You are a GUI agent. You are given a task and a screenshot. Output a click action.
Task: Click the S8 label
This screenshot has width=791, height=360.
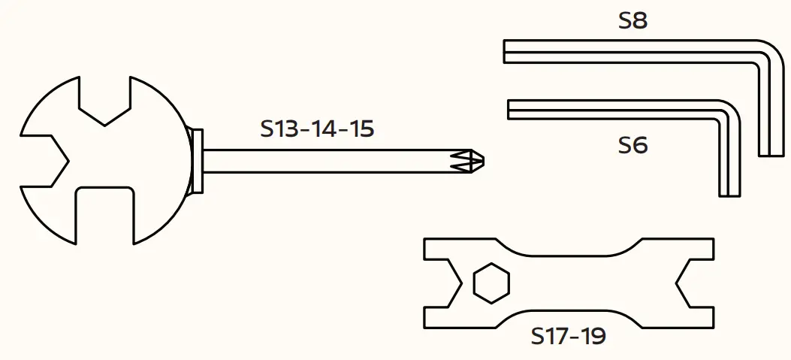pyautogui.click(x=632, y=20)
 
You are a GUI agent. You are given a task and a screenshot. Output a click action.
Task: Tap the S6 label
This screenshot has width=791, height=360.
pyautogui.click(x=632, y=145)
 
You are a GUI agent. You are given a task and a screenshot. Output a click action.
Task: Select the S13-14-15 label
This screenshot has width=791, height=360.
pyautogui.click(x=317, y=129)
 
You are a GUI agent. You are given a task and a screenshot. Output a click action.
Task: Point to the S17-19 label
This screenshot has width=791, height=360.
pyautogui.click(x=569, y=336)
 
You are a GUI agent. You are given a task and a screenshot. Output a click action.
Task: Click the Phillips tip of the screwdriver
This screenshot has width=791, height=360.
pyautogui.click(x=473, y=161)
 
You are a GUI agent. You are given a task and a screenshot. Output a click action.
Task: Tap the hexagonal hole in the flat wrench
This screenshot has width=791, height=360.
pyautogui.click(x=491, y=283)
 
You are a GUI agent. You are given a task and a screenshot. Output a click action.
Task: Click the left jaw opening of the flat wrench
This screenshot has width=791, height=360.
pyautogui.click(x=443, y=283)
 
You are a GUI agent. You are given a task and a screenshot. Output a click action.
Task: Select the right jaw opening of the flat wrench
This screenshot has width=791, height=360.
pyautogui.click(x=695, y=283)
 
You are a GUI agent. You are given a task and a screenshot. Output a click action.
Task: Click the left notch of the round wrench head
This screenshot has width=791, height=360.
pyautogui.click(x=44, y=162)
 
